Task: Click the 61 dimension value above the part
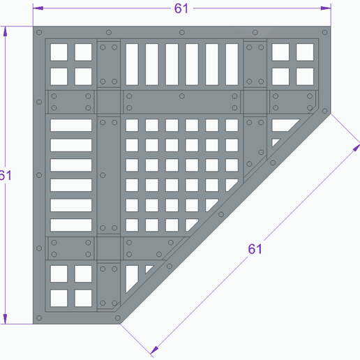[181, 8]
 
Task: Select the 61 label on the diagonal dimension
[255, 249]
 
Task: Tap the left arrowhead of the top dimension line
[38, 8]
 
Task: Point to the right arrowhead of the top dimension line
[326, 8]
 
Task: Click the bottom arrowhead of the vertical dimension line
[5, 319]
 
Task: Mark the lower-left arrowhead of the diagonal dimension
[154, 350]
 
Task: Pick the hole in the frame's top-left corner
[39, 32]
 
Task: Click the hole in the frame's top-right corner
[324, 32]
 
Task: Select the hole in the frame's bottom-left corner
[39, 318]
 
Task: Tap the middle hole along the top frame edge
[182, 32]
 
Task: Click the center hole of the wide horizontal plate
[182, 96]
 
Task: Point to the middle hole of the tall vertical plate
[103, 175]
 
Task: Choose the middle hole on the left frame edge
[39, 175]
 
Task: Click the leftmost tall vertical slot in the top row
[132, 64]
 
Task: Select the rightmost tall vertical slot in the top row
[232, 64]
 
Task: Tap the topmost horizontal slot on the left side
[71, 125]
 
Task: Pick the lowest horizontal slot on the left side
[71, 225]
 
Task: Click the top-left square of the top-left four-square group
[59, 52]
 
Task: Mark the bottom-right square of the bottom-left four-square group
[83, 298]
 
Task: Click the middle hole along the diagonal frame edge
[221, 214]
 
